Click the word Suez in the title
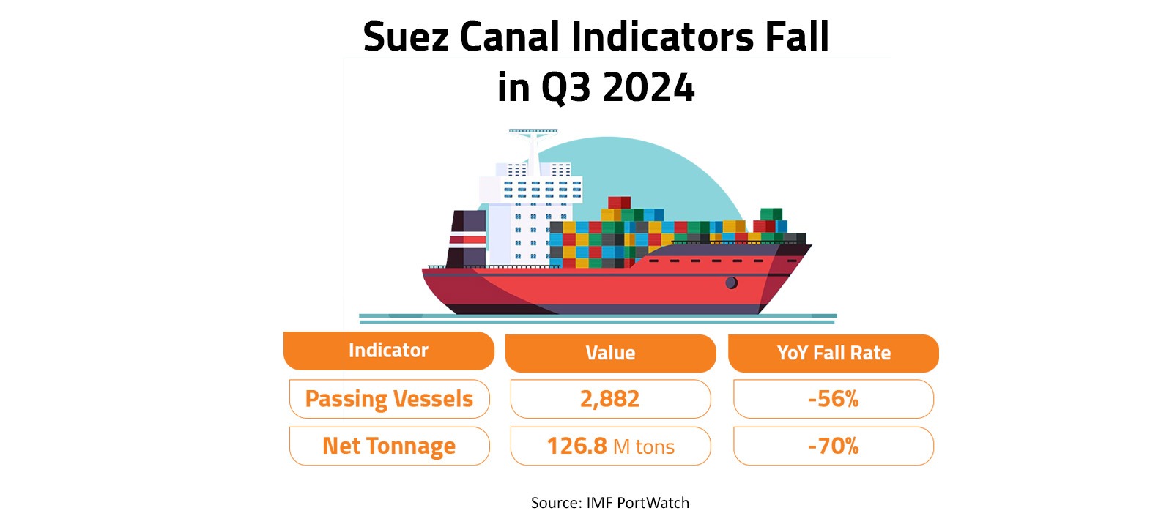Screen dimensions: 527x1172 [405, 37]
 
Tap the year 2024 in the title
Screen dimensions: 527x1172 [648, 88]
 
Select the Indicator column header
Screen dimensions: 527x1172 [388, 351]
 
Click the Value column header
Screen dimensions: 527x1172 [610, 354]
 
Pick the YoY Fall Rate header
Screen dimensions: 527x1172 [834, 354]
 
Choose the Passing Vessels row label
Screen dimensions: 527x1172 [389, 399]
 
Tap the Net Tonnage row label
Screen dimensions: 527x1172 [389, 446]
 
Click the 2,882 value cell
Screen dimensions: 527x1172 [610, 399]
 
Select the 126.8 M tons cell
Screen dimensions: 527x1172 [610, 446]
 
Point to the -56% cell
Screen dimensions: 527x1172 [834, 399]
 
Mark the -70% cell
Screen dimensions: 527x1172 [834, 446]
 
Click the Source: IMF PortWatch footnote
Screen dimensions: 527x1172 [609, 503]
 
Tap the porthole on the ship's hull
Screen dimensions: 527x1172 [731, 283]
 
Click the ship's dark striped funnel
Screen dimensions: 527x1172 [467, 239]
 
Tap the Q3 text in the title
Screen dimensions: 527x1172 [565, 88]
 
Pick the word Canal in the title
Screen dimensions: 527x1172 [509, 37]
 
